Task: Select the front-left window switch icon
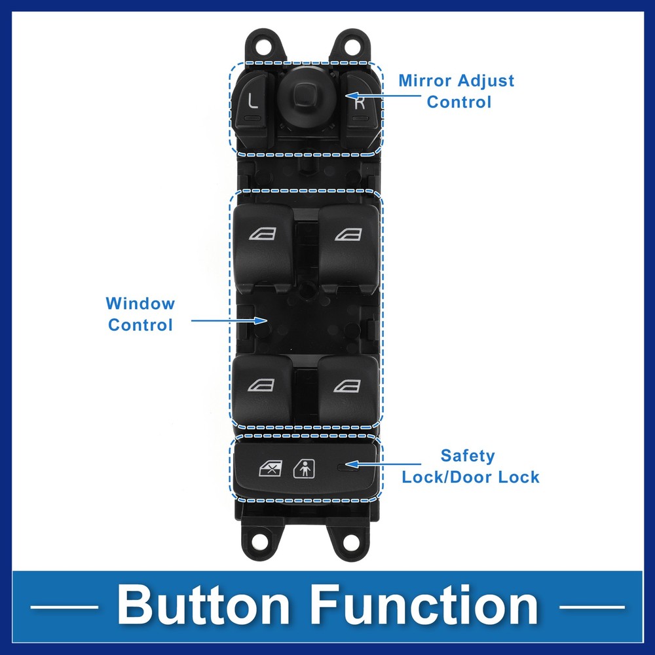pyautogui.click(x=263, y=234)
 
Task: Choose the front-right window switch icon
pyautogui.click(x=348, y=234)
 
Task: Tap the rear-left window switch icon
pyautogui.click(x=261, y=385)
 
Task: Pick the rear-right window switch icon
pyautogui.click(x=347, y=386)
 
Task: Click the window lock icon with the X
pyautogui.click(x=271, y=468)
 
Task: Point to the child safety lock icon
pyautogui.click(x=305, y=469)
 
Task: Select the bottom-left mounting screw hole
pyautogui.click(x=262, y=542)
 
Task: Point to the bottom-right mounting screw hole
pyautogui.click(x=351, y=542)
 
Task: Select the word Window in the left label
pyautogui.click(x=140, y=304)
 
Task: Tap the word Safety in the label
pyautogui.click(x=468, y=456)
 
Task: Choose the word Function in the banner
pyautogui.click(x=424, y=605)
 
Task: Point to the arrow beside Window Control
pyautogui.click(x=229, y=320)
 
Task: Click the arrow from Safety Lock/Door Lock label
pyautogui.click(x=383, y=464)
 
